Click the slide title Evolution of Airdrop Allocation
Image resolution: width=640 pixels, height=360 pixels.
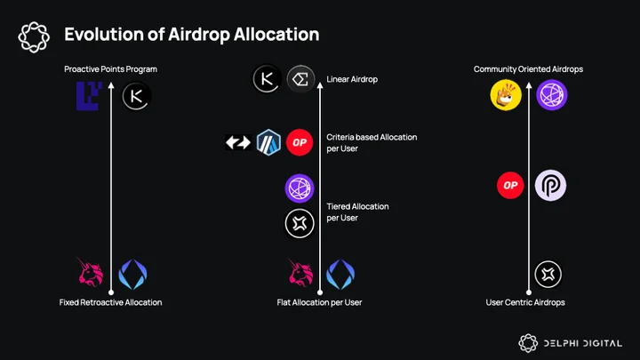click(191, 35)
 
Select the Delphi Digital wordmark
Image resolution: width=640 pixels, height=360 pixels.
click(582, 343)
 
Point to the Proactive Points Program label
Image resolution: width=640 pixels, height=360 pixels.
click(110, 69)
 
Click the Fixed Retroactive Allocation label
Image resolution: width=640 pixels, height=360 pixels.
click(110, 302)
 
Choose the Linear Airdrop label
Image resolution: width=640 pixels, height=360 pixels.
click(352, 80)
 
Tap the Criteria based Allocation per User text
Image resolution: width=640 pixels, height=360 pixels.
click(372, 143)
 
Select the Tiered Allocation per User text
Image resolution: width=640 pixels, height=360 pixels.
click(357, 212)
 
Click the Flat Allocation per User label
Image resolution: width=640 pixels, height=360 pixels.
click(319, 302)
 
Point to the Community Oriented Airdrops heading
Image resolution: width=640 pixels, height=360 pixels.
click(528, 69)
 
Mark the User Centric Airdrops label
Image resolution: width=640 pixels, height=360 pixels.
click(525, 302)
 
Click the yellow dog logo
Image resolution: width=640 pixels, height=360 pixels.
click(506, 95)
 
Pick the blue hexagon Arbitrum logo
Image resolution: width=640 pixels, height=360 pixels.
click(268, 142)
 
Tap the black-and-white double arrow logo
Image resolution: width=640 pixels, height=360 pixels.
click(238, 142)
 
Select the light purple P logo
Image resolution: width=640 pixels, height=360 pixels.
click(550, 185)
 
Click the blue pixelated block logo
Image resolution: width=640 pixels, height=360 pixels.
click(89, 96)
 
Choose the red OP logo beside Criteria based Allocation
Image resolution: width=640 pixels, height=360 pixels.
click(300, 142)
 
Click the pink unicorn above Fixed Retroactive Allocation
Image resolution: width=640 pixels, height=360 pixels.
click(91, 272)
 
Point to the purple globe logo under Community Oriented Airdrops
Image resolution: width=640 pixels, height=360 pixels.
click(552, 95)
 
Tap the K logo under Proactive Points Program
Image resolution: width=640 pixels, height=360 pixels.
click(136, 96)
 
